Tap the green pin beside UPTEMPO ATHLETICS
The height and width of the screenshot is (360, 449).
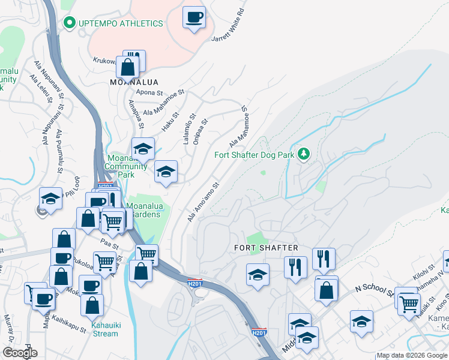(68, 23)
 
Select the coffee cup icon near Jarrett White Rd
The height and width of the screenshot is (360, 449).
(194, 17)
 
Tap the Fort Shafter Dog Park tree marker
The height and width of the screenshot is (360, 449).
(304, 155)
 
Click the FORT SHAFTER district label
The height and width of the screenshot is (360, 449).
(266, 248)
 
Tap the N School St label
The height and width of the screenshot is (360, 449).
(373, 292)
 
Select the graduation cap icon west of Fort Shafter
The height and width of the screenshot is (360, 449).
(258, 275)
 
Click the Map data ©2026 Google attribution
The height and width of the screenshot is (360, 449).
(412, 356)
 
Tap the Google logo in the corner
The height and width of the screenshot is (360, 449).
(19, 353)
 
